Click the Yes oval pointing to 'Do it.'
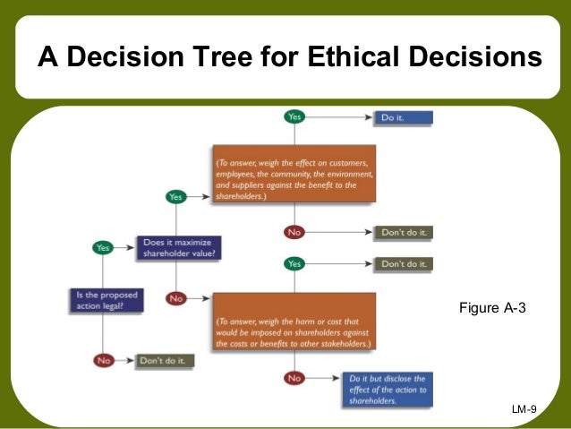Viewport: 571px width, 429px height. [294, 116]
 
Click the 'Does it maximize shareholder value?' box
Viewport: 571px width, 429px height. [180, 247]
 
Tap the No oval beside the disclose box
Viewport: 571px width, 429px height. [294, 379]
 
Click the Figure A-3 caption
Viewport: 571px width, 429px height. [491, 308]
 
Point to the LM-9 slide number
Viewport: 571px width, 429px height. [524, 409]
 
